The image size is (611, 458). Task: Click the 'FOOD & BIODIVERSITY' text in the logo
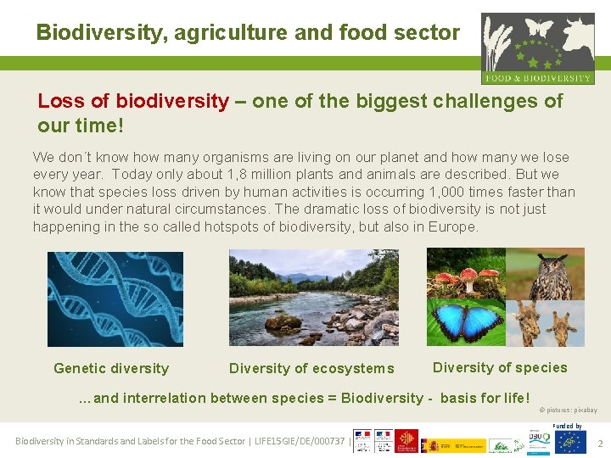click(538, 78)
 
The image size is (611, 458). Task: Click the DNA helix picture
click(115, 299)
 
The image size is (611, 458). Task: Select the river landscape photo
click(313, 298)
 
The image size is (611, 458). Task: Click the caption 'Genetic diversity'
click(111, 368)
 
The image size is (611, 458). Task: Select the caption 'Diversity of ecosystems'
click(311, 368)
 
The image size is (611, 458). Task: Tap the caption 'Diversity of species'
click(500, 367)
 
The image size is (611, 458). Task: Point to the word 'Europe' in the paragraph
click(452, 226)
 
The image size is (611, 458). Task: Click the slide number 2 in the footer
click(600, 444)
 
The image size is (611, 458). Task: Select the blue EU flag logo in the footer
click(570, 442)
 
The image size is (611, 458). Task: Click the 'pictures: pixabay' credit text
click(570, 410)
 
